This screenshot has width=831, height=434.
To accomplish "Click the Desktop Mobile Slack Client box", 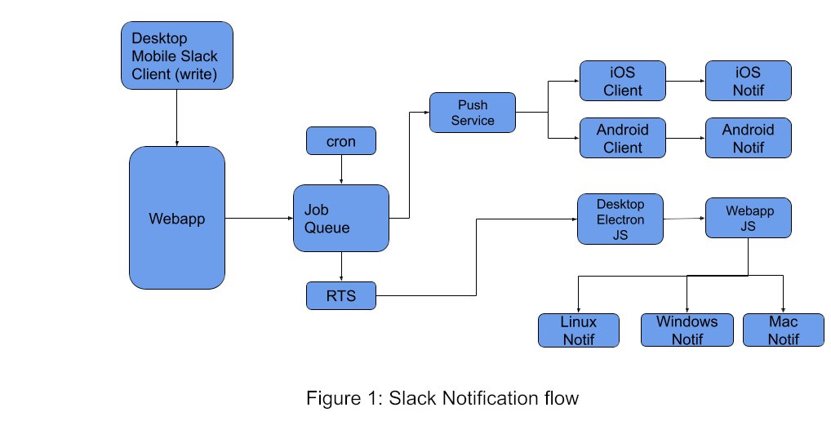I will click(177, 55).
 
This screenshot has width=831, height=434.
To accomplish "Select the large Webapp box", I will click(177, 218).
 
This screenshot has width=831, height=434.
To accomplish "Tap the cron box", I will click(341, 141).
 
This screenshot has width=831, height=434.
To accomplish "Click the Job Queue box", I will click(341, 218).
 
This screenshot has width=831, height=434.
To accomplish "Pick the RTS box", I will click(341, 295).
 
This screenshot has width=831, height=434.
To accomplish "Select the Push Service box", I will click(473, 112).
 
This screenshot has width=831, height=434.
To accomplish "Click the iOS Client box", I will click(623, 81).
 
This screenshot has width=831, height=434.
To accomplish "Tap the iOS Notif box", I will click(748, 81).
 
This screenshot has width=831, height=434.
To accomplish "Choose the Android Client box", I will click(623, 138).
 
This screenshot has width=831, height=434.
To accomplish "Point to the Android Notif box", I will click(748, 138).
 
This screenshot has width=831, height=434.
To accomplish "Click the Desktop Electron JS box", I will click(620, 219).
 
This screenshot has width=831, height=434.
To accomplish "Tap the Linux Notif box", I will click(578, 330).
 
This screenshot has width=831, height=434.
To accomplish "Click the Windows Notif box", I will click(687, 330).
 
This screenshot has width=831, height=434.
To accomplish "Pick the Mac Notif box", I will click(783, 330).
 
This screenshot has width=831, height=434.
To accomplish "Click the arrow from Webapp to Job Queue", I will click(259, 218).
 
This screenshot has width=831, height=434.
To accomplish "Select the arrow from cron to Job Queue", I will click(341, 170).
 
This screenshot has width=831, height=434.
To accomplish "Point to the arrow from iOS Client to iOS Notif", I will click(686, 81).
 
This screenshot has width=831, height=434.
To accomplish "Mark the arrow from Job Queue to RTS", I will click(341, 267).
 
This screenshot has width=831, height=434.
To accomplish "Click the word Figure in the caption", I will click(331, 399).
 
